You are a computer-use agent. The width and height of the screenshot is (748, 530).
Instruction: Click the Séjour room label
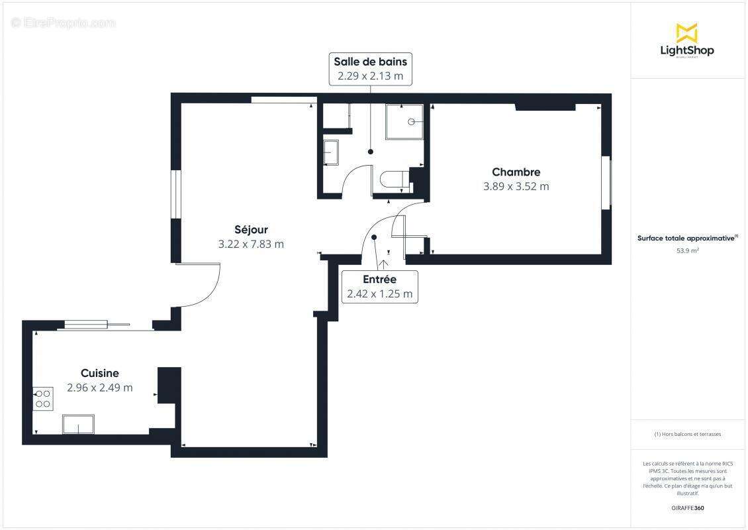(251, 230)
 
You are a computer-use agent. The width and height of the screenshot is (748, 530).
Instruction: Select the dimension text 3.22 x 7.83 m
(251, 244)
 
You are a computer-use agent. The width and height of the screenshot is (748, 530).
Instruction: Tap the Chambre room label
(516, 172)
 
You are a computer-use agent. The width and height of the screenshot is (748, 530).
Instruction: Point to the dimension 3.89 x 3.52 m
(516, 186)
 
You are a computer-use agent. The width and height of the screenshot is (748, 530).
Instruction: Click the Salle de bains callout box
(370, 69)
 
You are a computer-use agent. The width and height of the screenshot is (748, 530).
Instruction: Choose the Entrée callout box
(379, 287)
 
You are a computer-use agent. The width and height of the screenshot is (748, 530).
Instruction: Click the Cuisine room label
(100, 374)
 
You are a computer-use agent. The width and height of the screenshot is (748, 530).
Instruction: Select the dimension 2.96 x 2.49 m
(100, 388)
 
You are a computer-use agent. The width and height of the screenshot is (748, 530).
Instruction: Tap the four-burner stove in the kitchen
(43, 398)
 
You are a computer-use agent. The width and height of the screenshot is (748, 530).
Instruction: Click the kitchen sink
(78, 424)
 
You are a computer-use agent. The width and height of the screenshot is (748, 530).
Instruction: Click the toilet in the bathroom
(393, 180)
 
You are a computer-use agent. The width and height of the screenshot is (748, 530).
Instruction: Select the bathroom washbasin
(330, 152)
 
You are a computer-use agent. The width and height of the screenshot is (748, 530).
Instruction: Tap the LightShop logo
(686, 40)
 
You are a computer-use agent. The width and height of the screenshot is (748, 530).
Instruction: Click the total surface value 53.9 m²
(687, 250)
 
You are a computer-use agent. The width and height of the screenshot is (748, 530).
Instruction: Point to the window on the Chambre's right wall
(606, 183)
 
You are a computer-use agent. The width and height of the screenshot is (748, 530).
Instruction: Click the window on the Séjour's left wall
(175, 194)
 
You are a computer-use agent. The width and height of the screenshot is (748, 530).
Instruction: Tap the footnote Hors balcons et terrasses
(687, 434)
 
